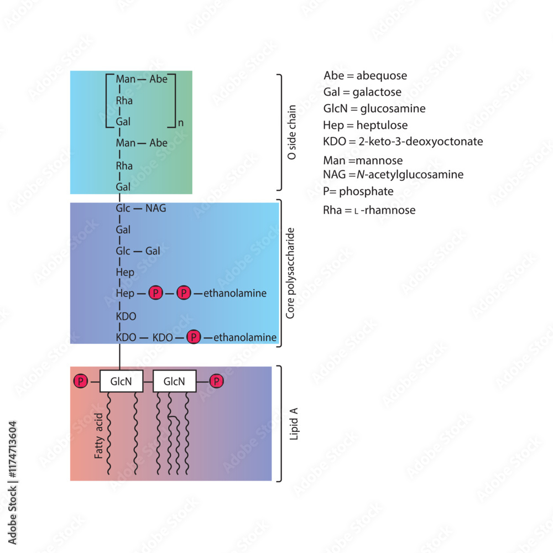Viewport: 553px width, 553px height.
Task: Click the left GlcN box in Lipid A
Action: pyautogui.click(x=121, y=381)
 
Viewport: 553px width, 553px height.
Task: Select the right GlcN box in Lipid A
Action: pyautogui.click(x=174, y=381)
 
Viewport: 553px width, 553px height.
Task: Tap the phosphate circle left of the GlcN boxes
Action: pyautogui.click(x=81, y=381)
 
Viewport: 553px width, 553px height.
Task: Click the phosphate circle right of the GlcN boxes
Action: pyautogui.click(x=217, y=381)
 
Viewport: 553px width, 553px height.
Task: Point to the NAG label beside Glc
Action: pyautogui.click(x=155, y=208)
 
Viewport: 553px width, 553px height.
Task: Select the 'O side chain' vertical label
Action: pyautogui.click(x=292, y=133)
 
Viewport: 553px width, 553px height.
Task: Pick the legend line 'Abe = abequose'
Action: pyautogui.click(x=365, y=75)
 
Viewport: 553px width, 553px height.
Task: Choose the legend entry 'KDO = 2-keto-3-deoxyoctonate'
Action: pyautogui.click(x=403, y=142)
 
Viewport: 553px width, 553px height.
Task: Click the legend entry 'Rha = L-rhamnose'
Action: pyautogui.click(x=369, y=210)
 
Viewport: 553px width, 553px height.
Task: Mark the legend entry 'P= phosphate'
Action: pyautogui.click(x=358, y=191)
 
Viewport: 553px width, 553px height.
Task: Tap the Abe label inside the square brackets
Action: pyautogui.click(x=158, y=79)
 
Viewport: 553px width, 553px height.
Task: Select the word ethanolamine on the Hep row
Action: pyautogui.click(x=235, y=294)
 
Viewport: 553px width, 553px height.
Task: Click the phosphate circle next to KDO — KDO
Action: pyautogui.click(x=194, y=337)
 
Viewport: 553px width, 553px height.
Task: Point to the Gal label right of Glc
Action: pyautogui.click(x=153, y=251)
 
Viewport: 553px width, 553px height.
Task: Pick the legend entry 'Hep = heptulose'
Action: pyautogui.click(x=366, y=125)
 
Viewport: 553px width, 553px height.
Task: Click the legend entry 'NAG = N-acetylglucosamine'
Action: pyautogui.click(x=393, y=175)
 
